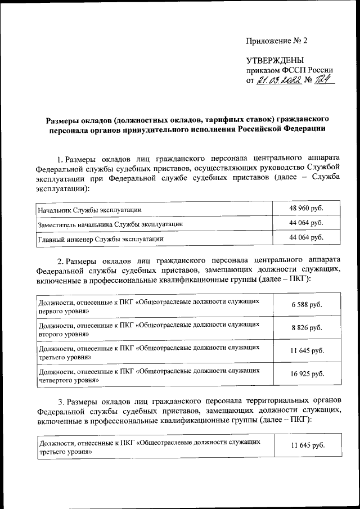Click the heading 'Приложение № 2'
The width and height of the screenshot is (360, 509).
tap(277, 40)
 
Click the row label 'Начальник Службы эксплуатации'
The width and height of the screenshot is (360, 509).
tap(89, 210)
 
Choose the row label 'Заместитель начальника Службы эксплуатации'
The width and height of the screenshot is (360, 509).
tap(110, 224)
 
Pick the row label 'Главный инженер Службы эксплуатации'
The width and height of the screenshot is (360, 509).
tap(101, 238)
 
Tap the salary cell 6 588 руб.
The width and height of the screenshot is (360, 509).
tap(307, 305)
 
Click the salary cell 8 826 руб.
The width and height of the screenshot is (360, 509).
tap(307, 328)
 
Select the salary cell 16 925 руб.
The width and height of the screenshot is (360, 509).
tap(307, 373)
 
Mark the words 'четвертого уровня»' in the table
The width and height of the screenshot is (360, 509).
tap(69, 380)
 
